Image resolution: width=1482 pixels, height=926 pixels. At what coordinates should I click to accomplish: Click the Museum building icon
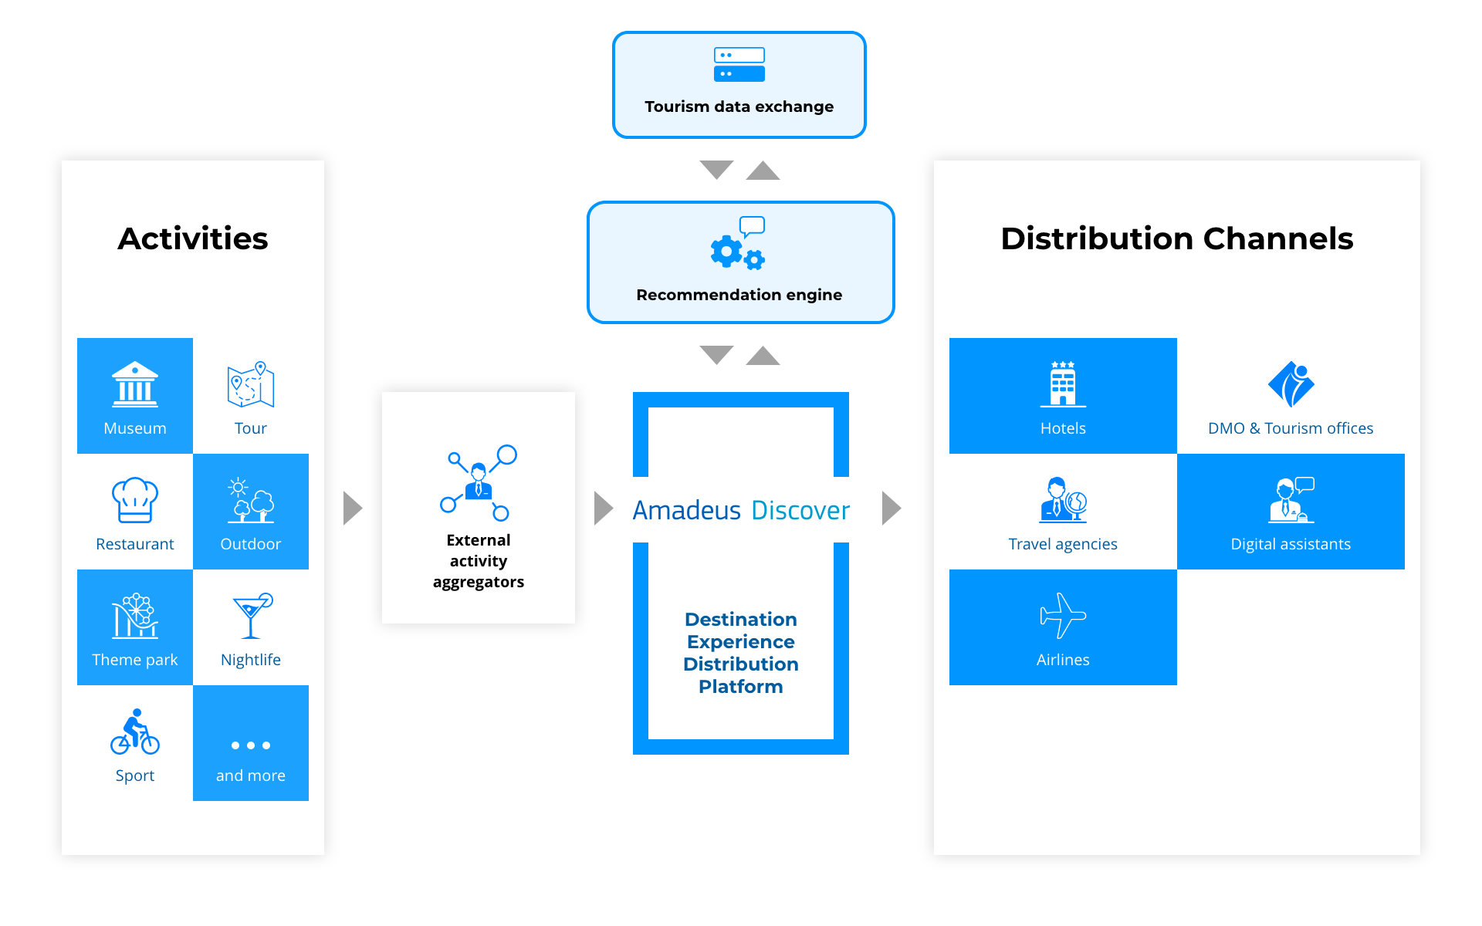pyautogui.click(x=135, y=384)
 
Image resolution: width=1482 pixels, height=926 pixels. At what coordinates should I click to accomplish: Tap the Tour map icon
pyautogui.click(x=251, y=384)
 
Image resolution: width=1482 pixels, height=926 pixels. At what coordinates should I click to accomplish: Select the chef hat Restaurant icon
pyautogui.click(x=135, y=500)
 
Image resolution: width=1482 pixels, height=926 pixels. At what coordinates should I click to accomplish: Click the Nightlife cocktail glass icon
pyautogui.click(x=252, y=616)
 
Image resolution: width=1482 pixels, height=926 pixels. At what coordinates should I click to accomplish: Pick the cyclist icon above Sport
pyautogui.click(x=135, y=732)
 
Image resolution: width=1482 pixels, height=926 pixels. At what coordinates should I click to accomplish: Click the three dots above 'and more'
pyautogui.click(x=251, y=745)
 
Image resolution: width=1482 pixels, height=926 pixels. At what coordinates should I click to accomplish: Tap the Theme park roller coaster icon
pyautogui.click(x=135, y=616)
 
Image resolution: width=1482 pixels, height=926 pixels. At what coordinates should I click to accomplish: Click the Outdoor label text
pyautogui.click(x=251, y=544)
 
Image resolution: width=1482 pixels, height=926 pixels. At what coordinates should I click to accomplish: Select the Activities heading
pyautogui.click(x=193, y=238)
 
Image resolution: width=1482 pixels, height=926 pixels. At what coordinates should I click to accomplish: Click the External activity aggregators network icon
pyautogui.click(x=479, y=483)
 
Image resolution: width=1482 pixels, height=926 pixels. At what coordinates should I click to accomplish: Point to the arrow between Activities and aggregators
pyautogui.click(x=353, y=508)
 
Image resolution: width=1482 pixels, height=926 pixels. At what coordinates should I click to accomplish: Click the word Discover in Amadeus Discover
pyautogui.click(x=800, y=510)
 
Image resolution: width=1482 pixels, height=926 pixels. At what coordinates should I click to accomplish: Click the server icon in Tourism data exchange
pyautogui.click(x=739, y=65)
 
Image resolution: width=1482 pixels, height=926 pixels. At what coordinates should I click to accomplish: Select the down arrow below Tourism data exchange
pyautogui.click(x=716, y=169)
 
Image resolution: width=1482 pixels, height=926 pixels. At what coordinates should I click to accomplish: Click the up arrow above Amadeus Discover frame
pyautogui.click(x=763, y=356)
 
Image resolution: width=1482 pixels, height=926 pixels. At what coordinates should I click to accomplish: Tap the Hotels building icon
pyautogui.click(x=1063, y=384)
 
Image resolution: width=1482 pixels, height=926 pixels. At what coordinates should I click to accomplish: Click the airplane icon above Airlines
pyautogui.click(x=1063, y=616)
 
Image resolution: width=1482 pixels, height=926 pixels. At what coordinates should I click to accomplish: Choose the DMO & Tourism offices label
pyautogui.click(x=1291, y=428)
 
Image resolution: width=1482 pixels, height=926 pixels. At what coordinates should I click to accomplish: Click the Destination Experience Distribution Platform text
pyautogui.click(x=741, y=653)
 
